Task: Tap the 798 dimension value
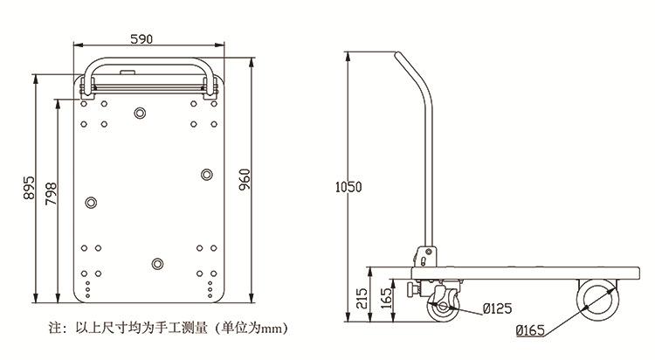tap(50, 195)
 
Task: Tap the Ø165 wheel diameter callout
tap(531, 330)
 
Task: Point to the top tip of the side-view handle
tap(398, 57)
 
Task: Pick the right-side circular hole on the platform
tap(206, 176)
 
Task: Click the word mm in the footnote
tap(274, 329)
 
